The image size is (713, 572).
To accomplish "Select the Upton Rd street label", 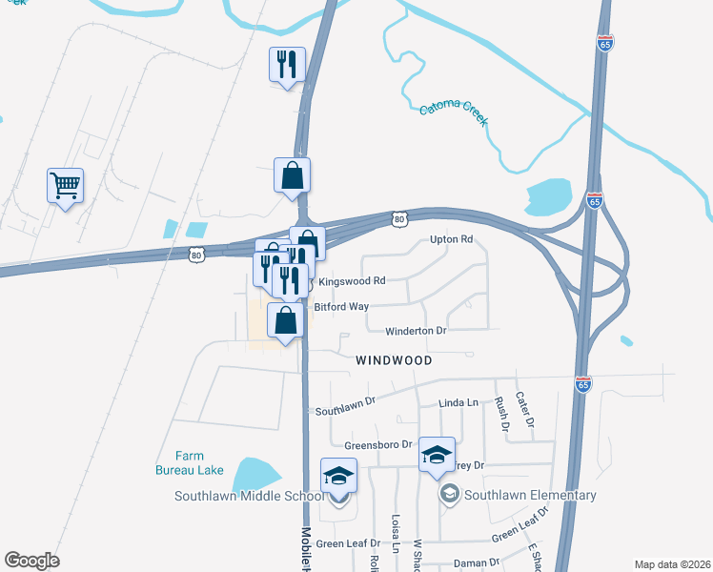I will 451,239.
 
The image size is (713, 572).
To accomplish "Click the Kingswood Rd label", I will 352,281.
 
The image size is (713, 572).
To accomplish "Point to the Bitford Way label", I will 341,307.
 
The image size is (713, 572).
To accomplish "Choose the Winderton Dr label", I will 416,331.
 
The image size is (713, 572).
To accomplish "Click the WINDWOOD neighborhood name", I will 394,360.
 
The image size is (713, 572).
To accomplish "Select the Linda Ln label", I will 458,403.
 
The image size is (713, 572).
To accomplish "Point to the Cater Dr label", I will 523,408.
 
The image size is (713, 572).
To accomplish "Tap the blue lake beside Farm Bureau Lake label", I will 255,474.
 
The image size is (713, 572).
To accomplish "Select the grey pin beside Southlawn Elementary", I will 449,494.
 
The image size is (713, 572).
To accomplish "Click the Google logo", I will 31,561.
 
